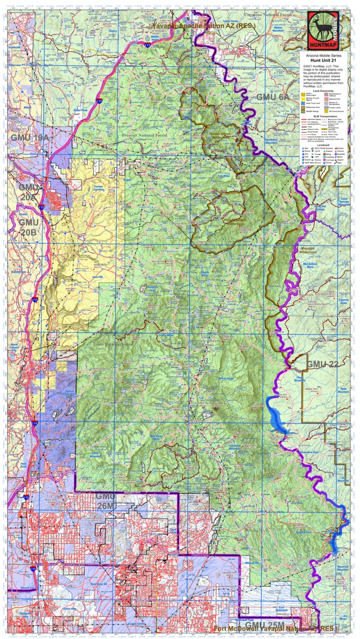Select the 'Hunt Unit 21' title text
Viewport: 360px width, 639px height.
click(x=326, y=59)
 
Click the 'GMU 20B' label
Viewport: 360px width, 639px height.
click(x=28, y=227)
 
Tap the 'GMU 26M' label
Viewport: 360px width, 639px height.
click(x=110, y=500)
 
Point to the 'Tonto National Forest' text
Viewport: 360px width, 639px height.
click(x=110, y=346)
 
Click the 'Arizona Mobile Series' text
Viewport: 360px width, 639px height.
click(x=326, y=55)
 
